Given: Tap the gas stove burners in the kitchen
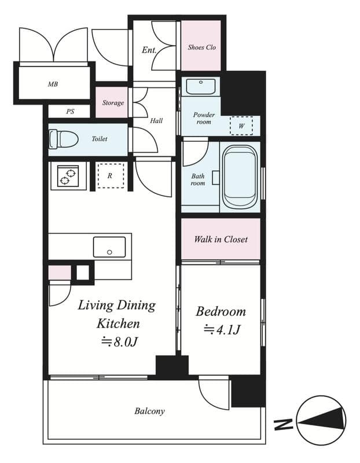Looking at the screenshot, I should [x=67, y=175].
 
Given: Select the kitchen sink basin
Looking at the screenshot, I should [x=109, y=247].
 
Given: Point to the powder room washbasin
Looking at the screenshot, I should [x=200, y=87].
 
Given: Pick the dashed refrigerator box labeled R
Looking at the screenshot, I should [x=109, y=175].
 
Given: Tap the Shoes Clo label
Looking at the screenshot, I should [x=201, y=47].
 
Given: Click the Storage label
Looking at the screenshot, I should [x=113, y=103].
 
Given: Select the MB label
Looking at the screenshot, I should [x=53, y=84].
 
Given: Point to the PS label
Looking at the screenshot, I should [x=70, y=112].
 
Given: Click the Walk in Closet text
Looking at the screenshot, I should [x=221, y=239].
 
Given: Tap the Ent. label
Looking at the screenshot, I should [x=149, y=50].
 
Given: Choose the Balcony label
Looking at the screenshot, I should [x=150, y=411].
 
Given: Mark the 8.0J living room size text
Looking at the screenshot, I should [x=119, y=341].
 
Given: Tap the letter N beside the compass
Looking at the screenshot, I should [x=283, y=425].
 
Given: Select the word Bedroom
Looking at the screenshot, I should [x=221, y=311].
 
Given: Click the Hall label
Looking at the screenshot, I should [x=156, y=121].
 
